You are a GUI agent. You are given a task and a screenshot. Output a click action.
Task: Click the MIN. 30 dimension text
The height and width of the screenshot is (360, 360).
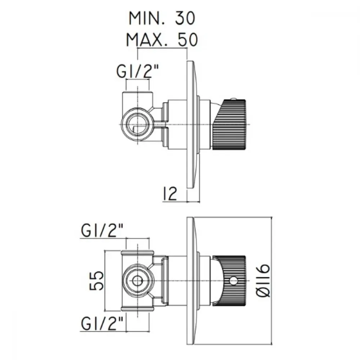162,18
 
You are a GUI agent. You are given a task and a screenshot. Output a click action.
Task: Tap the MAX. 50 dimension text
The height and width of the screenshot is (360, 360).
162,40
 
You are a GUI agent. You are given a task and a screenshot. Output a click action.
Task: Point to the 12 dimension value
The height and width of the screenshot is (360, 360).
170,194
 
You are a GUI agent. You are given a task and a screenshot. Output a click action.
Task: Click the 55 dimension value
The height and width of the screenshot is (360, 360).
96,280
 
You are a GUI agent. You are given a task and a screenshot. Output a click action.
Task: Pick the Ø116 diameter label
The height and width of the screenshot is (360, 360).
262,280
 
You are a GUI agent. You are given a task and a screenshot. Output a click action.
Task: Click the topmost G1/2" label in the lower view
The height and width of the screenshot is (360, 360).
102,230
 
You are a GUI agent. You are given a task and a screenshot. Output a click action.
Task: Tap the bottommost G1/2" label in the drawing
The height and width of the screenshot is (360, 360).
102,323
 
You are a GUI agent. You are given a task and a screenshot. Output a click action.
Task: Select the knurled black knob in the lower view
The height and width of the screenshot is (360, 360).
230,280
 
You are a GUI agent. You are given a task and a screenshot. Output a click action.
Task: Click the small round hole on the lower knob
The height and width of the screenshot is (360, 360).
234,280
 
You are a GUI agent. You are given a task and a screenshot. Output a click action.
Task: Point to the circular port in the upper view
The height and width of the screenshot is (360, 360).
138,124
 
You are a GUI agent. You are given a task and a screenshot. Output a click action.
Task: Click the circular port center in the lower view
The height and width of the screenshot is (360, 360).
138,280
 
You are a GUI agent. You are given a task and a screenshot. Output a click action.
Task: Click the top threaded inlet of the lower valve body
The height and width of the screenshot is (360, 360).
138,253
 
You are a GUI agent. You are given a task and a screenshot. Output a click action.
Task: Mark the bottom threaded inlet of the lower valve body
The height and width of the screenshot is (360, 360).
138,308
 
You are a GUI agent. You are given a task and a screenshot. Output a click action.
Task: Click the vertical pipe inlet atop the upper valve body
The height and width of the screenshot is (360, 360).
138,99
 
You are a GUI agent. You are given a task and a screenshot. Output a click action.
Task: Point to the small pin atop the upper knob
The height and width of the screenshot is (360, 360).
234,99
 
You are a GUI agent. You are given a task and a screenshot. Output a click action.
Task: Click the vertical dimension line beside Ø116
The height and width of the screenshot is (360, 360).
272,280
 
